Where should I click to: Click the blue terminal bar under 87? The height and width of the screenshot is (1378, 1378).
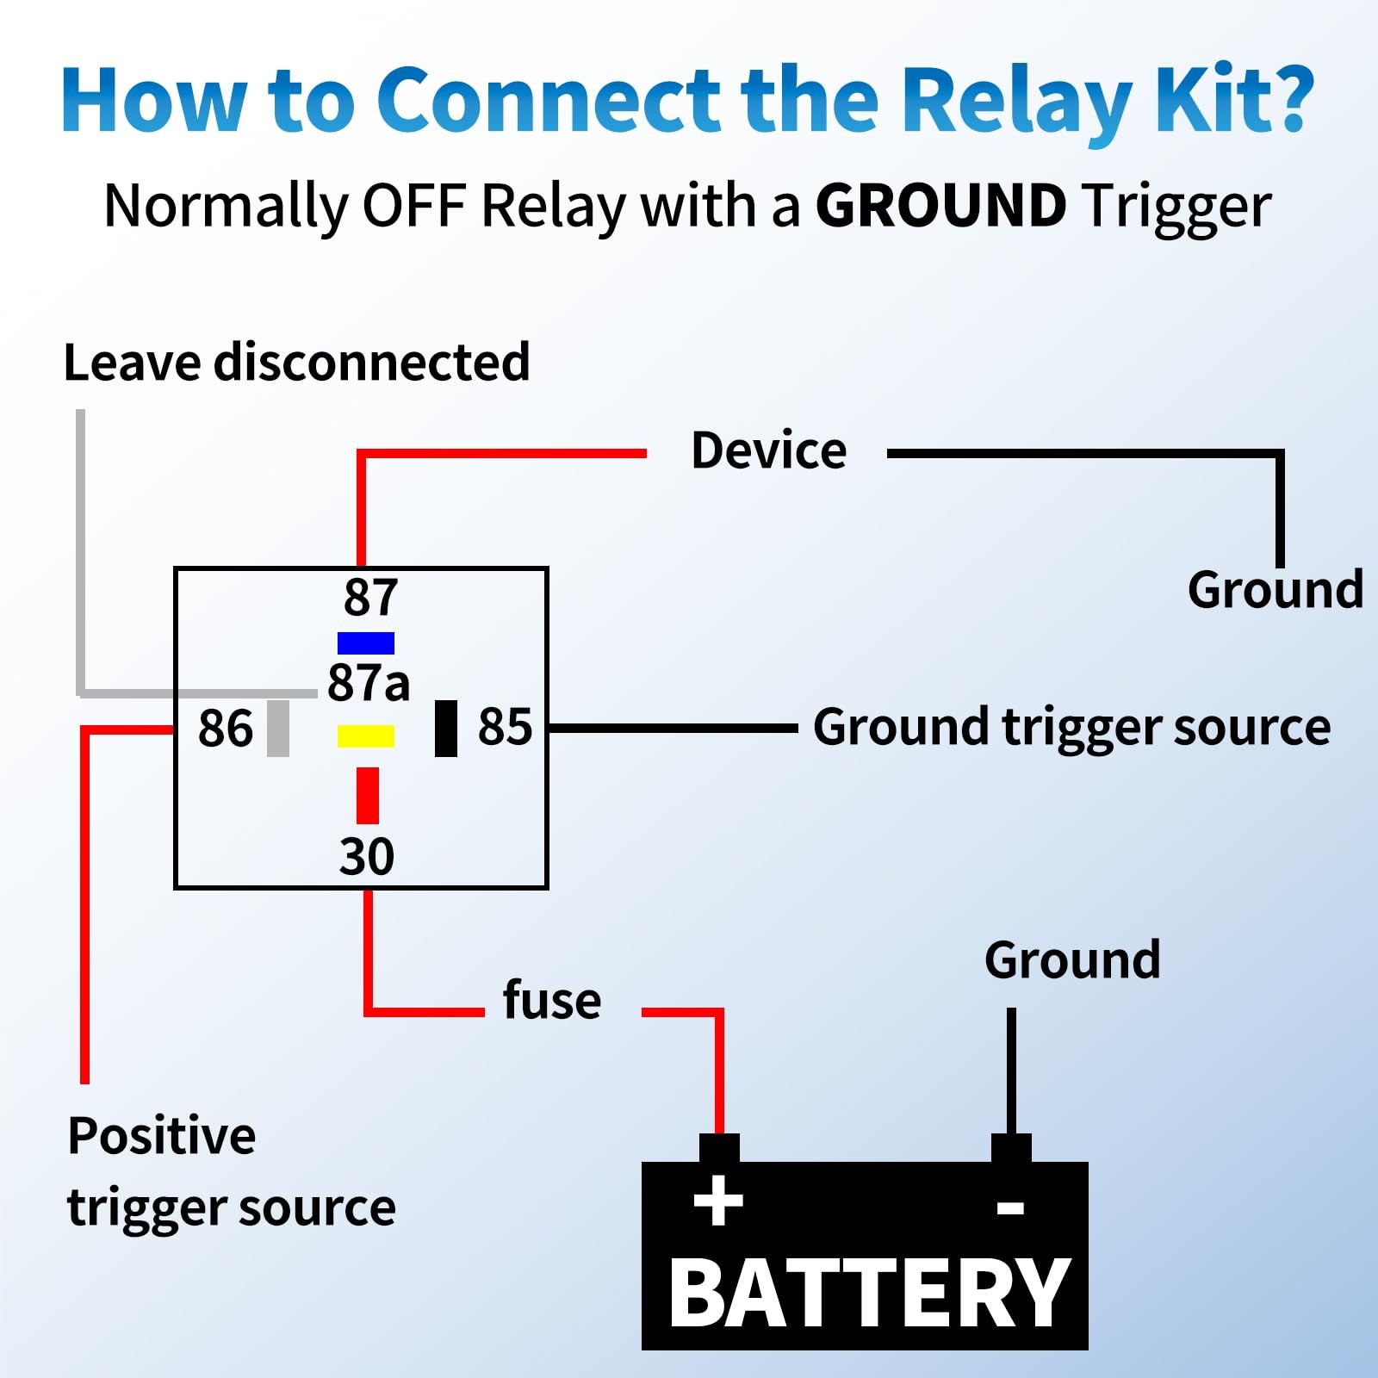(366, 643)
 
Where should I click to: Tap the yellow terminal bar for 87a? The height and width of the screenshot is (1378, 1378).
(366, 736)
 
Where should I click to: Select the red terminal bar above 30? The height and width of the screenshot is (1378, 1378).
(368, 796)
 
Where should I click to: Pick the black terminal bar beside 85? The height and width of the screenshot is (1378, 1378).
(446, 729)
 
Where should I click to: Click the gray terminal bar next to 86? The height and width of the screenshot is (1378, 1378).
(278, 729)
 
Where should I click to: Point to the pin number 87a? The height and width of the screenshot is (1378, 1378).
(369, 683)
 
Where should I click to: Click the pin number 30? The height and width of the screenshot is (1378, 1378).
(367, 856)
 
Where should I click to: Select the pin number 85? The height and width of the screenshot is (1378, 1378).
(506, 727)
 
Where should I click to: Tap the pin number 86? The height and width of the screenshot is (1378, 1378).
(226, 729)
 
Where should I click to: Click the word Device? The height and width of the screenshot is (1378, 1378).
(769, 451)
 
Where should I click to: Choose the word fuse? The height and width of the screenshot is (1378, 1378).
(552, 1001)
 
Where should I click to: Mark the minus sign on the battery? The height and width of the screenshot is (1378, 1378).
(1010, 1207)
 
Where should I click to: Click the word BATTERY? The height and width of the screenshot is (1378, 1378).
(869, 1294)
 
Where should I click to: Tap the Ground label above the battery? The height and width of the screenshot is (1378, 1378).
(1072, 960)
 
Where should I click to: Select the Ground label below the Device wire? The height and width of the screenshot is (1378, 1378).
(1276, 591)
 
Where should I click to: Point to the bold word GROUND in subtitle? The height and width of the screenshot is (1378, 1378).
(940, 206)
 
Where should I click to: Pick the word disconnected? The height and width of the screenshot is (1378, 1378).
(372, 362)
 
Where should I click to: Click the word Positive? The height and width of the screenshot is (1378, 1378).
(162, 1136)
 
